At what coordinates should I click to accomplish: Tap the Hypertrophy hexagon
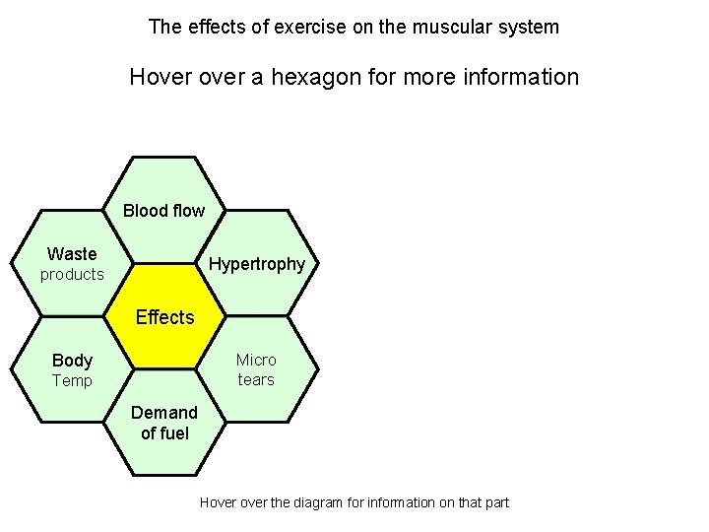coord(257,264)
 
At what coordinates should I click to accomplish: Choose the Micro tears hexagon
coord(257,369)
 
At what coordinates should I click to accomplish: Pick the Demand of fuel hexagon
coord(164,423)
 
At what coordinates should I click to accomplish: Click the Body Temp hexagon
coord(72,369)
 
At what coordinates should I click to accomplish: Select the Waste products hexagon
coord(72,264)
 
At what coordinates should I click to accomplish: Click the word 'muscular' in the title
coord(428,27)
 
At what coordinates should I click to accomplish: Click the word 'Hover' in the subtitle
coord(160,77)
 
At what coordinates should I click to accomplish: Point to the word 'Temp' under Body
coord(72,381)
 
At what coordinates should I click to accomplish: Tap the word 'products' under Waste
coord(72,275)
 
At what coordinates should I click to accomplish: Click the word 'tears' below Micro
coord(256,380)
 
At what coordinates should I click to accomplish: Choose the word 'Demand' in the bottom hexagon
coord(164,412)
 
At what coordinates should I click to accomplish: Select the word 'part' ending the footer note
coord(496,502)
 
